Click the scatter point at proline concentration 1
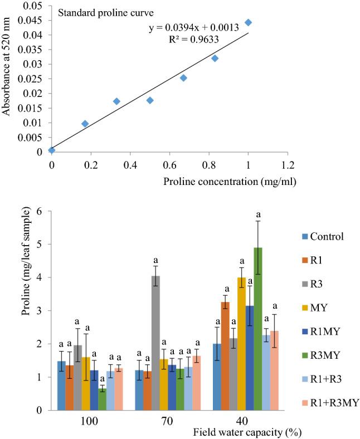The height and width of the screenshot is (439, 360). [249, 23]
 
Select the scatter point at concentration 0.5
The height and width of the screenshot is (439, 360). [150, 100]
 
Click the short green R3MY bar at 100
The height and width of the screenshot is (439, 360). [102, 399]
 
